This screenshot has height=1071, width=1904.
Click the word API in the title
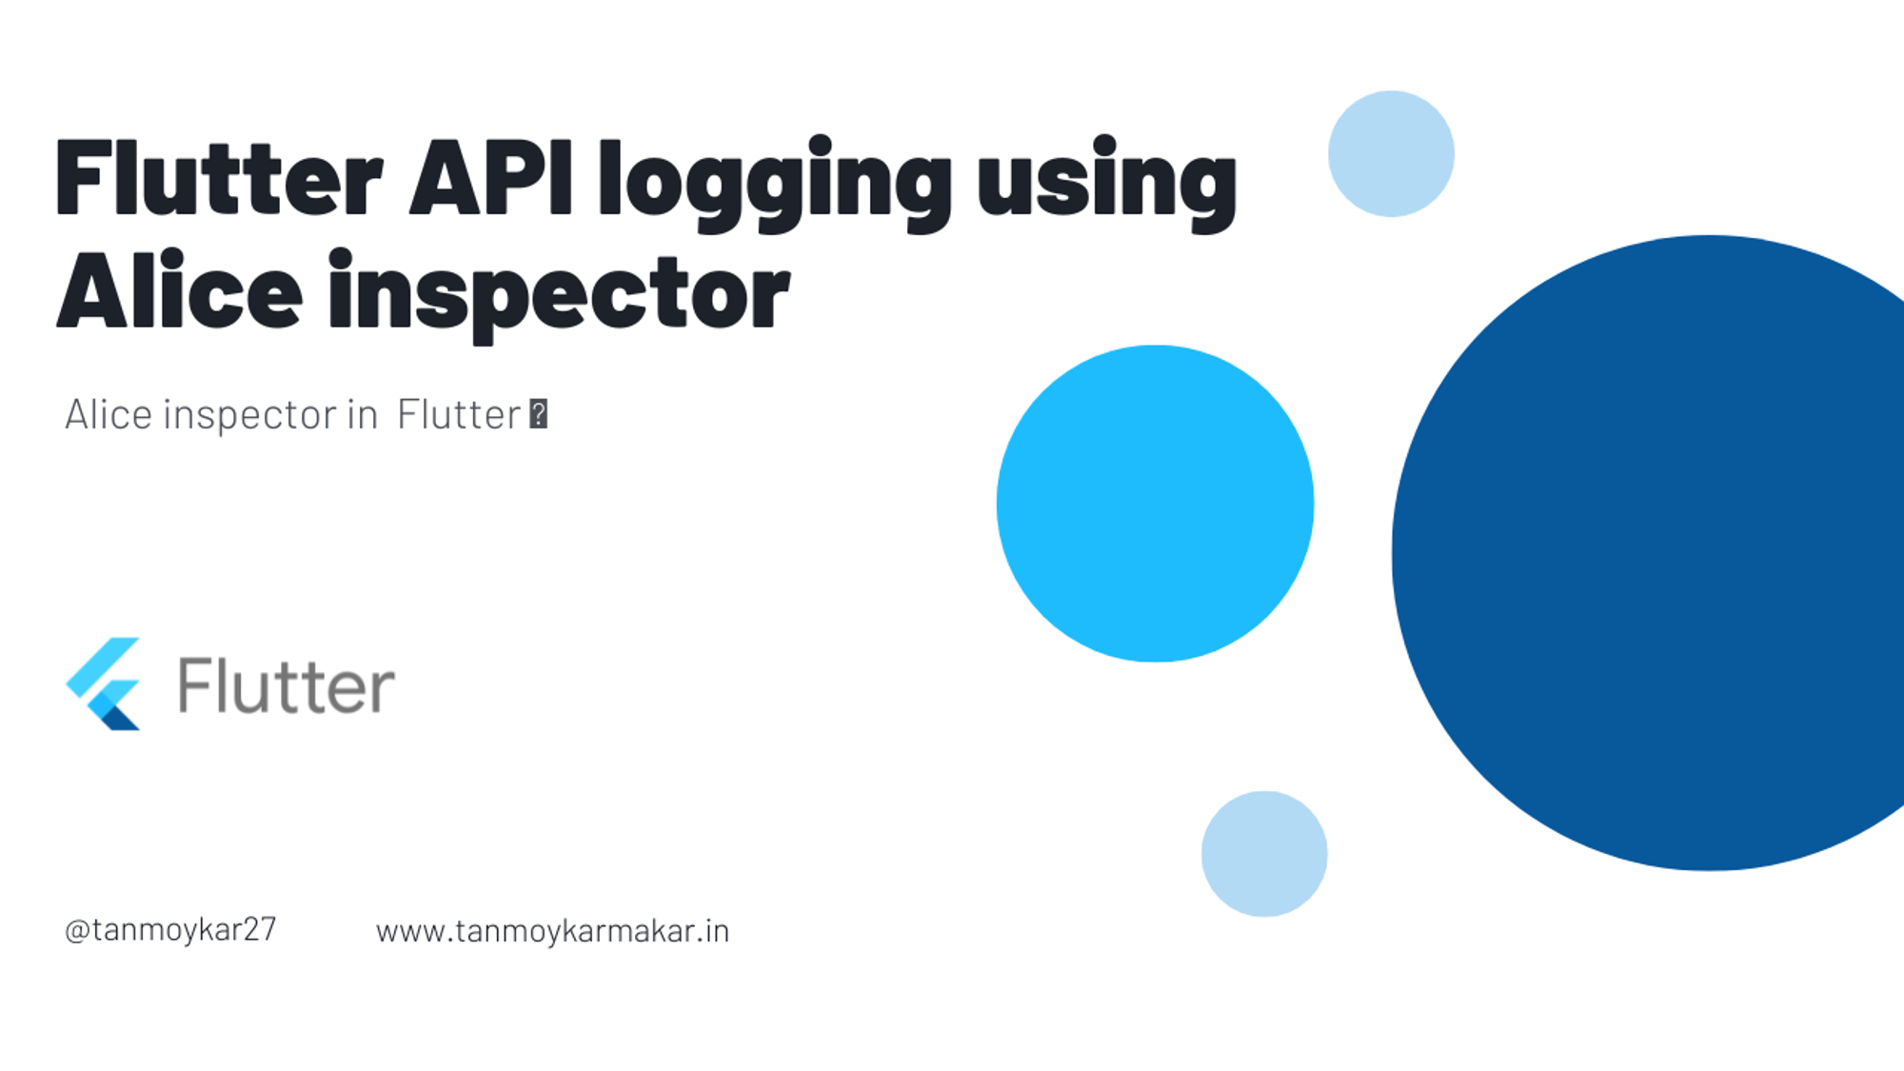click(491, 178)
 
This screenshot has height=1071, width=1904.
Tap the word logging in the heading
click(775, 184)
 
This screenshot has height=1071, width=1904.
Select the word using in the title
click(1107, 184)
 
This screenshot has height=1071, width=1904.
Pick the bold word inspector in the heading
click(559, 296)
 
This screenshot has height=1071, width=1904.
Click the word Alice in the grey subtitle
click(109, 414)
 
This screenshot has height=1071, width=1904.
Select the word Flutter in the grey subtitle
click(459, 414)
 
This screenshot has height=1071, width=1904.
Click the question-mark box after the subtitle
click(539, 414)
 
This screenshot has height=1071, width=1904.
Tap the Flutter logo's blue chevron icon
click(103, 684)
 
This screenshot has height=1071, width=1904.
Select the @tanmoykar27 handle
click(170, 929)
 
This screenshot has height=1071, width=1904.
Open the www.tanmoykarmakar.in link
click(552, 931)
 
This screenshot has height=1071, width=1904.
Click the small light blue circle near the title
click(1391, 153)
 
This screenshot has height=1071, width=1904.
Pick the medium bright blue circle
click(1155, 504)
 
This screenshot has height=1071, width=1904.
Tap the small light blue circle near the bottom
click(1264, 854)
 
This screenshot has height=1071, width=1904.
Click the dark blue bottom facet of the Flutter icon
click(122, 716)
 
